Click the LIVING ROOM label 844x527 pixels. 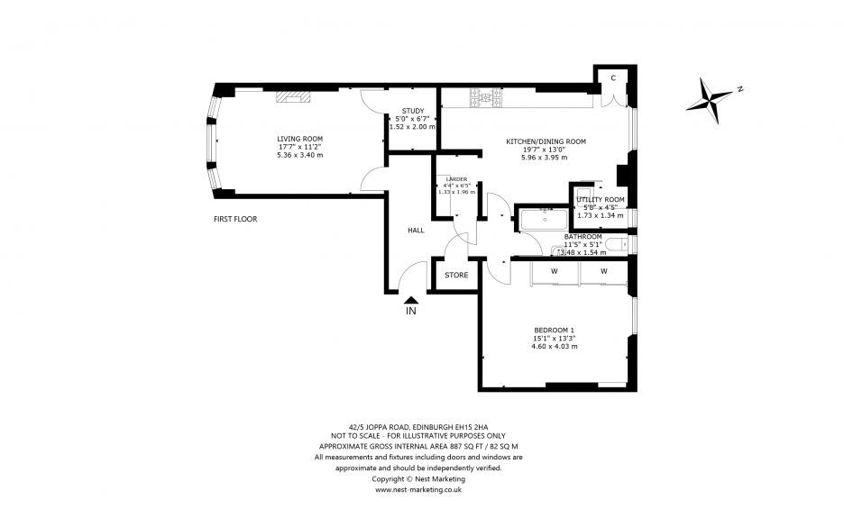(294, 139)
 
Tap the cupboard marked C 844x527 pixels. (612, 78)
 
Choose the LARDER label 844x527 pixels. (454, 178)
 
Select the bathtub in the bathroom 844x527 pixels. (541, 218)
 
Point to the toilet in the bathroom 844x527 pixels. (614, 245)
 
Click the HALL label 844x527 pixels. (416, 231)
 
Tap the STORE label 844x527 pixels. (456, 275)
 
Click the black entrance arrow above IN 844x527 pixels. (411, 300)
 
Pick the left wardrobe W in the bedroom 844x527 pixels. (554, 270)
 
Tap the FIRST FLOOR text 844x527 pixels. (235, 219)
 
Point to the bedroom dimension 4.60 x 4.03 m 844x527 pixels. (554, 347)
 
